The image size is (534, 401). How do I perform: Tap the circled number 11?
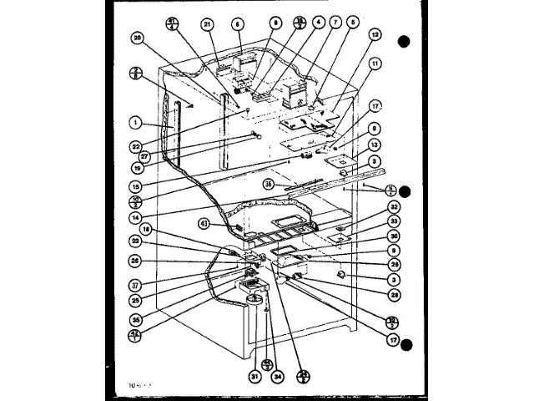click(x=376, y=63)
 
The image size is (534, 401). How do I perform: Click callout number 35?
click(x=136, y=318)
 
